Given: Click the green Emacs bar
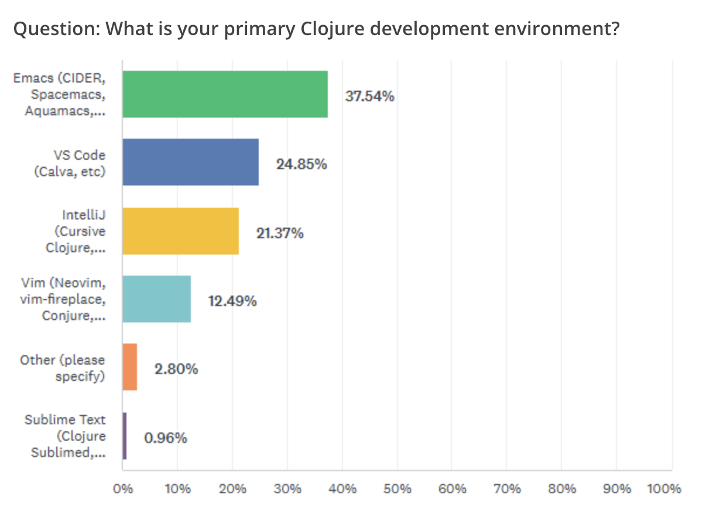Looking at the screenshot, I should (225, 94).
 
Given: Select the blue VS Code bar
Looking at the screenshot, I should (190, 162).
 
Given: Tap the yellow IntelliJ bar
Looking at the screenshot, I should (180, 231).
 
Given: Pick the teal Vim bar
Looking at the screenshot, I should (156, 299).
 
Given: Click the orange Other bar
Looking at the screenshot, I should (129, 367).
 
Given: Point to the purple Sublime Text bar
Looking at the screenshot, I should (124, 436).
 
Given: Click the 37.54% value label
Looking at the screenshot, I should (369, 97).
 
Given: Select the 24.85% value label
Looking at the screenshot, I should (301, 164).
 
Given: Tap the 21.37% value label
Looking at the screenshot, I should (280, 234).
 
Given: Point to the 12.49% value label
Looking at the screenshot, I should (232, 301).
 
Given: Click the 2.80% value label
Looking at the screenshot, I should (176, 370).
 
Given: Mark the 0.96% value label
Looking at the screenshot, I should (166, 438).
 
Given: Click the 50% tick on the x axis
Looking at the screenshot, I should (397, 489).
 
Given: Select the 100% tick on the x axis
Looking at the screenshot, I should (665, 489).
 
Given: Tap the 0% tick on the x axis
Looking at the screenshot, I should (122, 489).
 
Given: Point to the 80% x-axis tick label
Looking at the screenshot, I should (561, 489).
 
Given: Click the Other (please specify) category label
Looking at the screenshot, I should (63, 368).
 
